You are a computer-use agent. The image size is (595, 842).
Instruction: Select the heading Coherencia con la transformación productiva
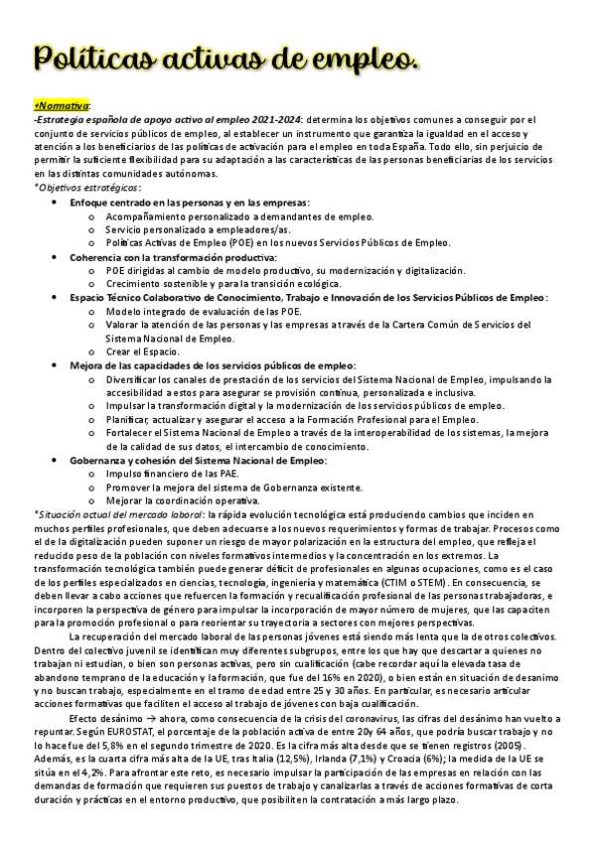click(159, 256)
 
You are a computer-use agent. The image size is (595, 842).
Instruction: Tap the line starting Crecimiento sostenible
click(199, 284)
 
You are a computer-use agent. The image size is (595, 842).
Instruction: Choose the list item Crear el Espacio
click(142, 351)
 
